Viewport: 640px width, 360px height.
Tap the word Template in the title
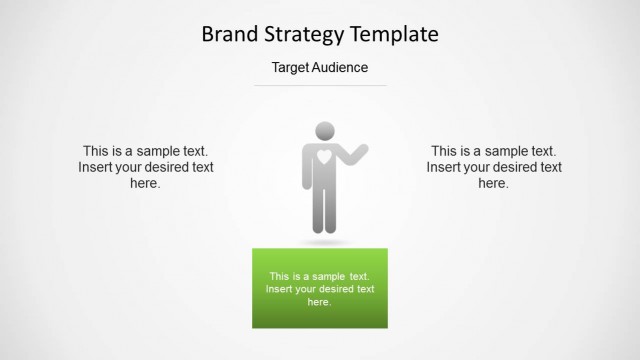[x=396, y=35]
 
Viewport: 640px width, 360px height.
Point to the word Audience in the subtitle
[x=342, y=68]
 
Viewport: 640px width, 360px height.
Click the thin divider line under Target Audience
[x=320, y=85]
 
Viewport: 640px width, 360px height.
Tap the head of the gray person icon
[x=324, y=130]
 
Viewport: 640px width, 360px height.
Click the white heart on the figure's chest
[x=324, y=156]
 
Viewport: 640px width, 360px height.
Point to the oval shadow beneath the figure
[x=324, y=242]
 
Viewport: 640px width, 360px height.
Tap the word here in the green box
[x=319, y=302]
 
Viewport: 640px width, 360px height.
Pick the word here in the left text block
[x=146, y=183]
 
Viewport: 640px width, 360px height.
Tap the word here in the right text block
[x=493, y=183]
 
